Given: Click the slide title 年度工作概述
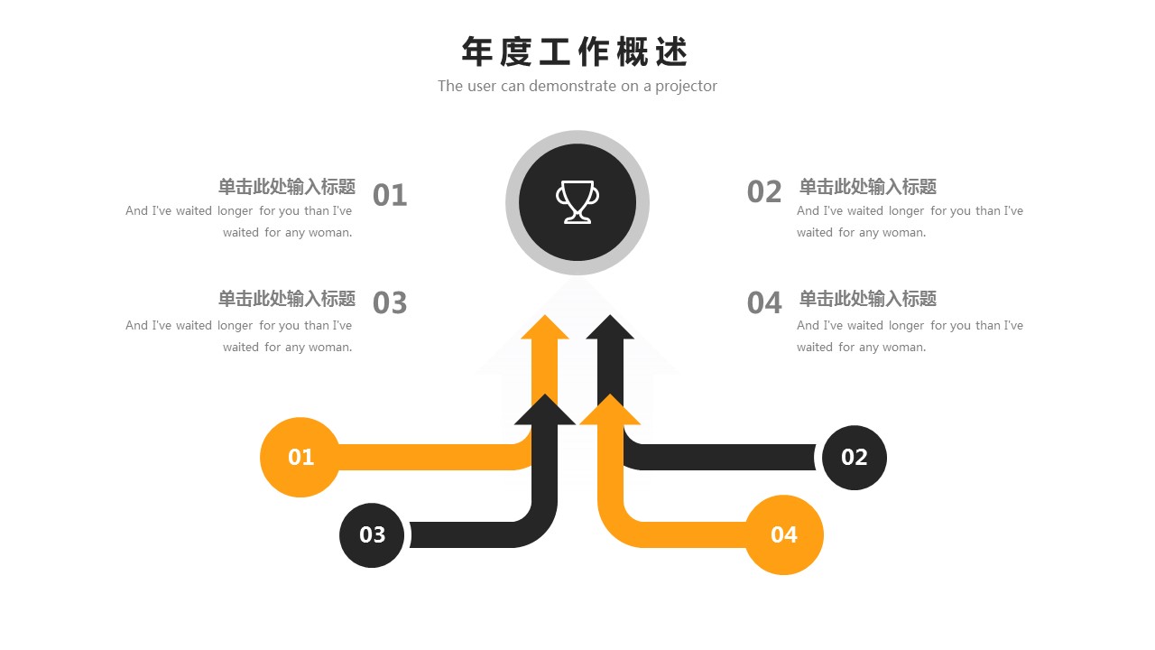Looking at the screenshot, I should (x=575, y=52).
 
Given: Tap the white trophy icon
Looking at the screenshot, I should (x=577, y=201).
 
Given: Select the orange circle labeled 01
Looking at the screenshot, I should (x=300, y=457).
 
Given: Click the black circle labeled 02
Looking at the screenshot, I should (x=854, y=457).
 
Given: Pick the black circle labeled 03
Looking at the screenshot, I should (x=372, y=534).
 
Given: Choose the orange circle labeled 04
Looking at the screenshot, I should (x=783, y=534).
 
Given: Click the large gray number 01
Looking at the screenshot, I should (x=390, y=195).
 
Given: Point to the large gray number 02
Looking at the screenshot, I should (x=764, y=191).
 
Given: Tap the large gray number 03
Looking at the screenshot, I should (x=390, y=303).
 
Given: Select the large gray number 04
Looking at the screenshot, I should (x=764, y=303).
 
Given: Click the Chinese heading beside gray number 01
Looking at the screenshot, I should (x=287, y=187).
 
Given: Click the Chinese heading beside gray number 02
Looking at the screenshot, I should (x=868, y=187).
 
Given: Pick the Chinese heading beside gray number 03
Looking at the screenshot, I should (x=287, y=299).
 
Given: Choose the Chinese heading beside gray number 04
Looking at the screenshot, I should (x=868, y=299).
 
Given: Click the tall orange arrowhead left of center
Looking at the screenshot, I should (x=545, y=329).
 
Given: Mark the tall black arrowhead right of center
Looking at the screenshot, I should (x=611, y=329).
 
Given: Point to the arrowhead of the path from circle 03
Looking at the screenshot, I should (x=545, y=411).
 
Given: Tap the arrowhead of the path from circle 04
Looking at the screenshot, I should (x=611, y=411).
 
